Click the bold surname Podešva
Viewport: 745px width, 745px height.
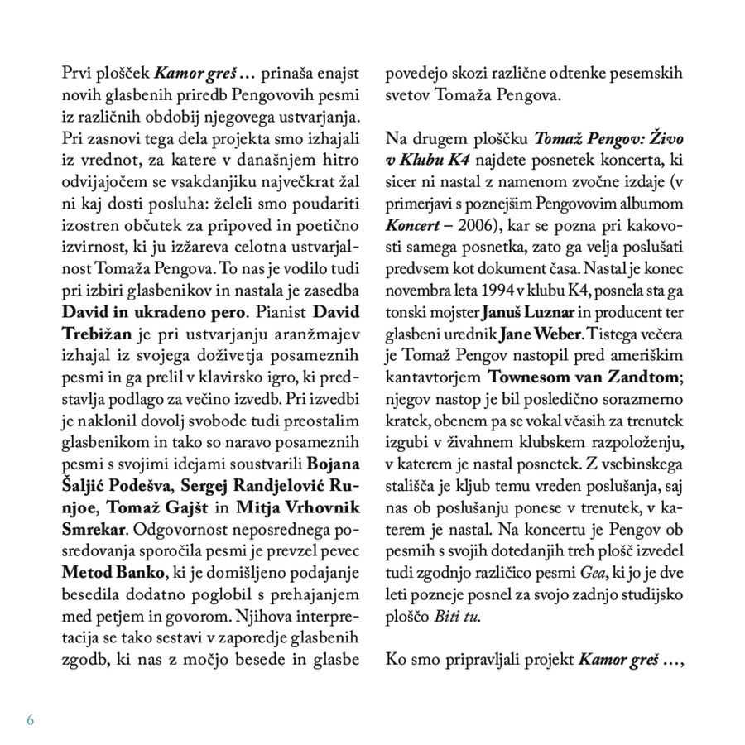(156, 483)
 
